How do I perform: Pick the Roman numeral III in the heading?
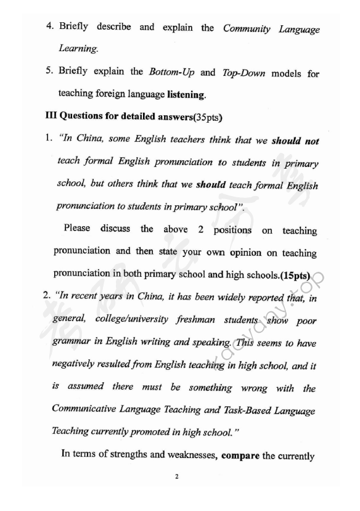(x=52, y=116)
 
